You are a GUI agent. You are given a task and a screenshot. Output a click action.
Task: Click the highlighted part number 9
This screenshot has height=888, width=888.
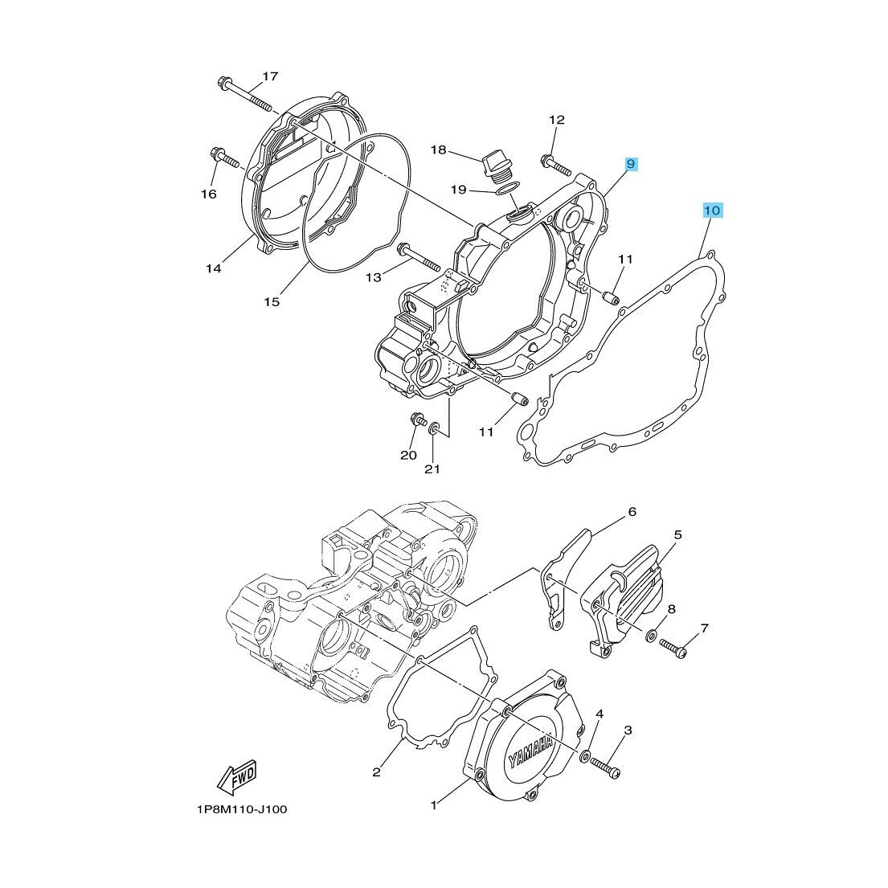(631, 164)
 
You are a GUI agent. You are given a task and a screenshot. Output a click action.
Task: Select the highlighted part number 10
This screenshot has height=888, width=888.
(712, 211)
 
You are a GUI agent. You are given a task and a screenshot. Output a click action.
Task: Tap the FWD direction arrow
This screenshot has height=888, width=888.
(236, 776)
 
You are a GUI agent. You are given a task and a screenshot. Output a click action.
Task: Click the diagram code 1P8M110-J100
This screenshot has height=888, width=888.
(240, 809)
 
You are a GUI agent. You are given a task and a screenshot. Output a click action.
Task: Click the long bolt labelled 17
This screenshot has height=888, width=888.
(245, 96)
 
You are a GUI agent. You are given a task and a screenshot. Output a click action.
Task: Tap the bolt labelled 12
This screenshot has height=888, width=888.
(556, 165)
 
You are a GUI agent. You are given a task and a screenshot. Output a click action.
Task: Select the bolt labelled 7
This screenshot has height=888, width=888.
(673, 649)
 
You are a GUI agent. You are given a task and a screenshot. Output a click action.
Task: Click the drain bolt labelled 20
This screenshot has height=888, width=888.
(417, 419)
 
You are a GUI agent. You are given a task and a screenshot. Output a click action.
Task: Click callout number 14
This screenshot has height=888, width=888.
(212, 268)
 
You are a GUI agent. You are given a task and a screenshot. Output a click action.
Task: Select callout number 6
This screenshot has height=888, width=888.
(632, 511)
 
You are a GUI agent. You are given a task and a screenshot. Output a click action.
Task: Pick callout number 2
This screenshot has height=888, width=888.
(376, 773)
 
